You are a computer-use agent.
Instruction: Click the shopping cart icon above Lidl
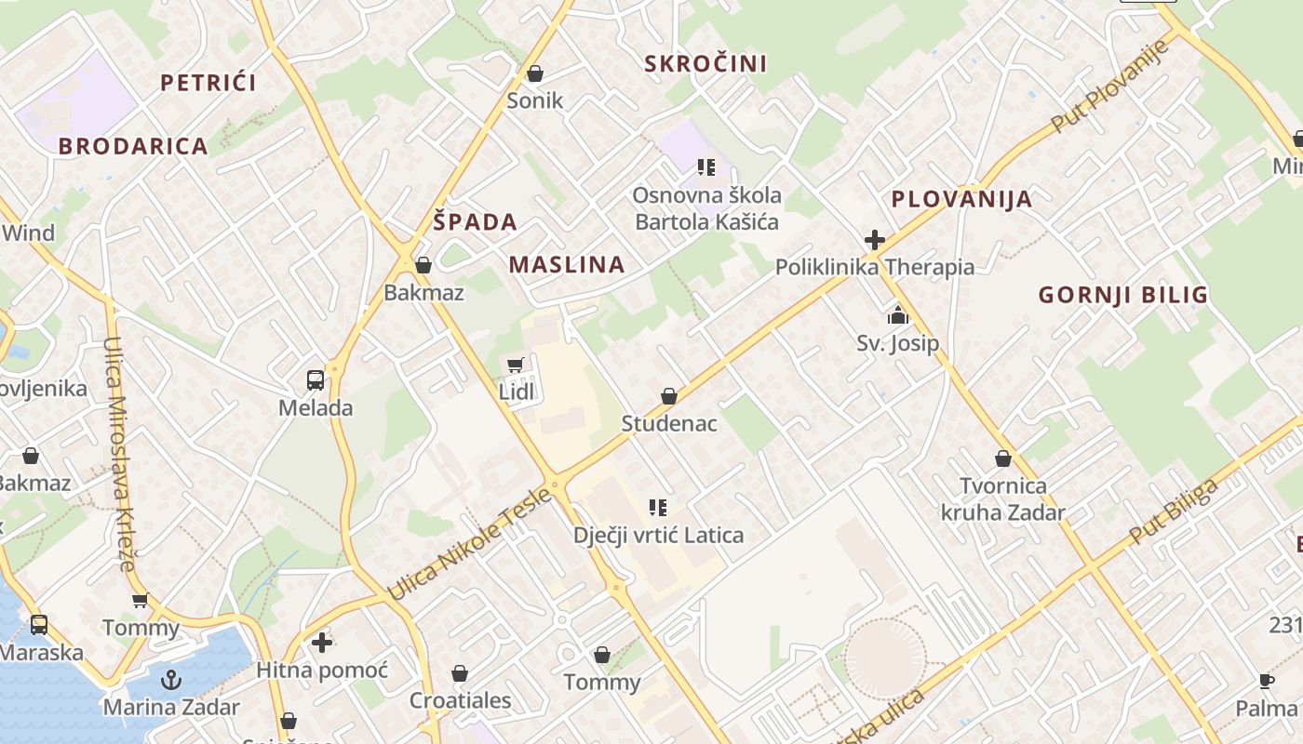(515, 365)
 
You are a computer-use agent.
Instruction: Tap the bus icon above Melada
(316, 380)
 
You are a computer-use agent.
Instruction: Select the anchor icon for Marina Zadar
(171, 680)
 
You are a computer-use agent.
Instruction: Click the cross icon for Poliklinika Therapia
(874, 240)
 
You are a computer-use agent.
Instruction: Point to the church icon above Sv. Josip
(897, 316)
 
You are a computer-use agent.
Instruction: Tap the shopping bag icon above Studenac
(668, 397)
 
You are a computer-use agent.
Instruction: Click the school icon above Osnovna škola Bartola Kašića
(706, 167)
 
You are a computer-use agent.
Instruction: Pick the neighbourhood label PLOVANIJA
(961, 199)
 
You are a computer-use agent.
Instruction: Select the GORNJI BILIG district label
(1122, 296)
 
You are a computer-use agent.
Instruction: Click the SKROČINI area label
(705, 63)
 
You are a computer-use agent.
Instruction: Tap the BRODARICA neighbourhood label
(133, 146)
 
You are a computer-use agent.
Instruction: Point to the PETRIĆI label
(208, 83)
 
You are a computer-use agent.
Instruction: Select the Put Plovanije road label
(1108, 85)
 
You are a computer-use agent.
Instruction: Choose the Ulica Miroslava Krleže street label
(120, 454)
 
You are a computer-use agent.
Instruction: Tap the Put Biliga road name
(1173, 511)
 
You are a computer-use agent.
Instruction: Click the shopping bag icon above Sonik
(535, 73)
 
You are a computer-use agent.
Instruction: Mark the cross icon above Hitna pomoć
(322, 643)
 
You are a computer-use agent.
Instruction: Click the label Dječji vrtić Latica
(658, 536)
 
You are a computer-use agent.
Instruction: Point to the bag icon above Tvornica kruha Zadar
(1003, 458)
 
